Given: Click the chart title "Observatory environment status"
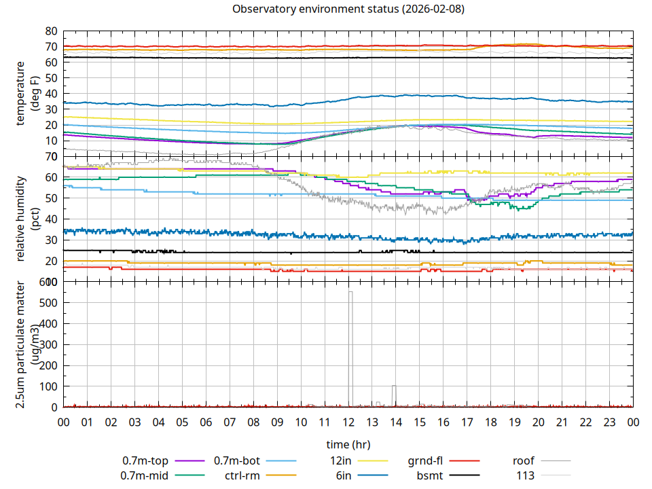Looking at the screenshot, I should click(348, 10).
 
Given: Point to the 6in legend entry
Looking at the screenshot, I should click(344, 475).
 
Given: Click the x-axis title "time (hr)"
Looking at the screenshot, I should click(348, 445).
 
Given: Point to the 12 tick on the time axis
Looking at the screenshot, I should click(348, 422).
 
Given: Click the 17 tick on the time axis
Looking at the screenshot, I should click(467, 422).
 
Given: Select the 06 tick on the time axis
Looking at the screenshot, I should click(206, 422).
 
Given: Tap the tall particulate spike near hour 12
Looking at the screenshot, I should click(350, 292).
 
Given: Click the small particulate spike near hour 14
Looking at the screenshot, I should click(393, 386).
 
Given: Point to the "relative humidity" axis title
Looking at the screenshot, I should click(22, 219).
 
